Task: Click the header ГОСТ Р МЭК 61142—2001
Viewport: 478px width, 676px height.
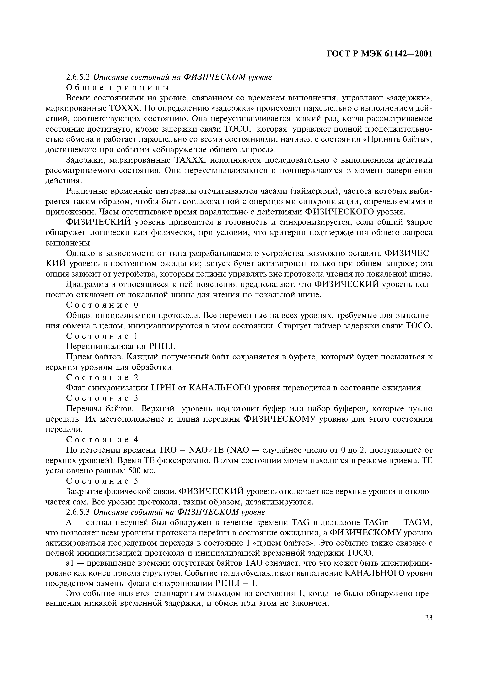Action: click(x=380, y=54)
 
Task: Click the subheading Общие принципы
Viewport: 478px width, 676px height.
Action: click(x=118, y=87)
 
